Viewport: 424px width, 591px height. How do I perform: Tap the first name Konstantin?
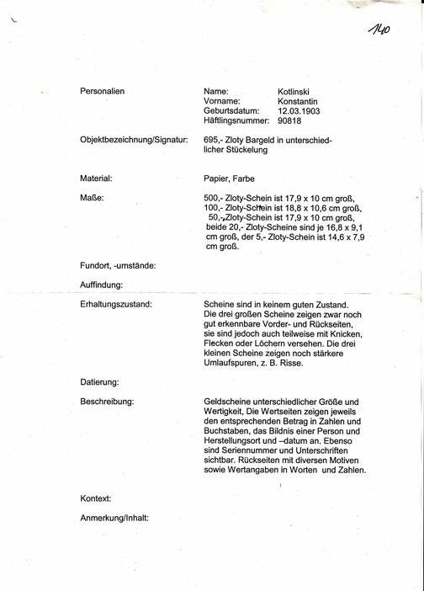pyautogui.click(x=299, y=100)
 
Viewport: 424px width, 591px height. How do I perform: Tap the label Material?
pyautogui.click(x=97, y=178)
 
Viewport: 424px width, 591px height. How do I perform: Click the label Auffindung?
pyautogui.click(x=102, y=285)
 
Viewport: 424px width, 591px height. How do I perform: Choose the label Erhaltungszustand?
pyautogui.click(x=116, y=303)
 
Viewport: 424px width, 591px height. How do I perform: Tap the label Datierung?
pyautogui.click(x=99, y=382)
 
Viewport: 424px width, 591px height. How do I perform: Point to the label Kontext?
pyautogui.click(x=96, y=499)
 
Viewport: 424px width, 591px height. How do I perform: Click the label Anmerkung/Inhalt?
pyautogui.click(x=114, y=518)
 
